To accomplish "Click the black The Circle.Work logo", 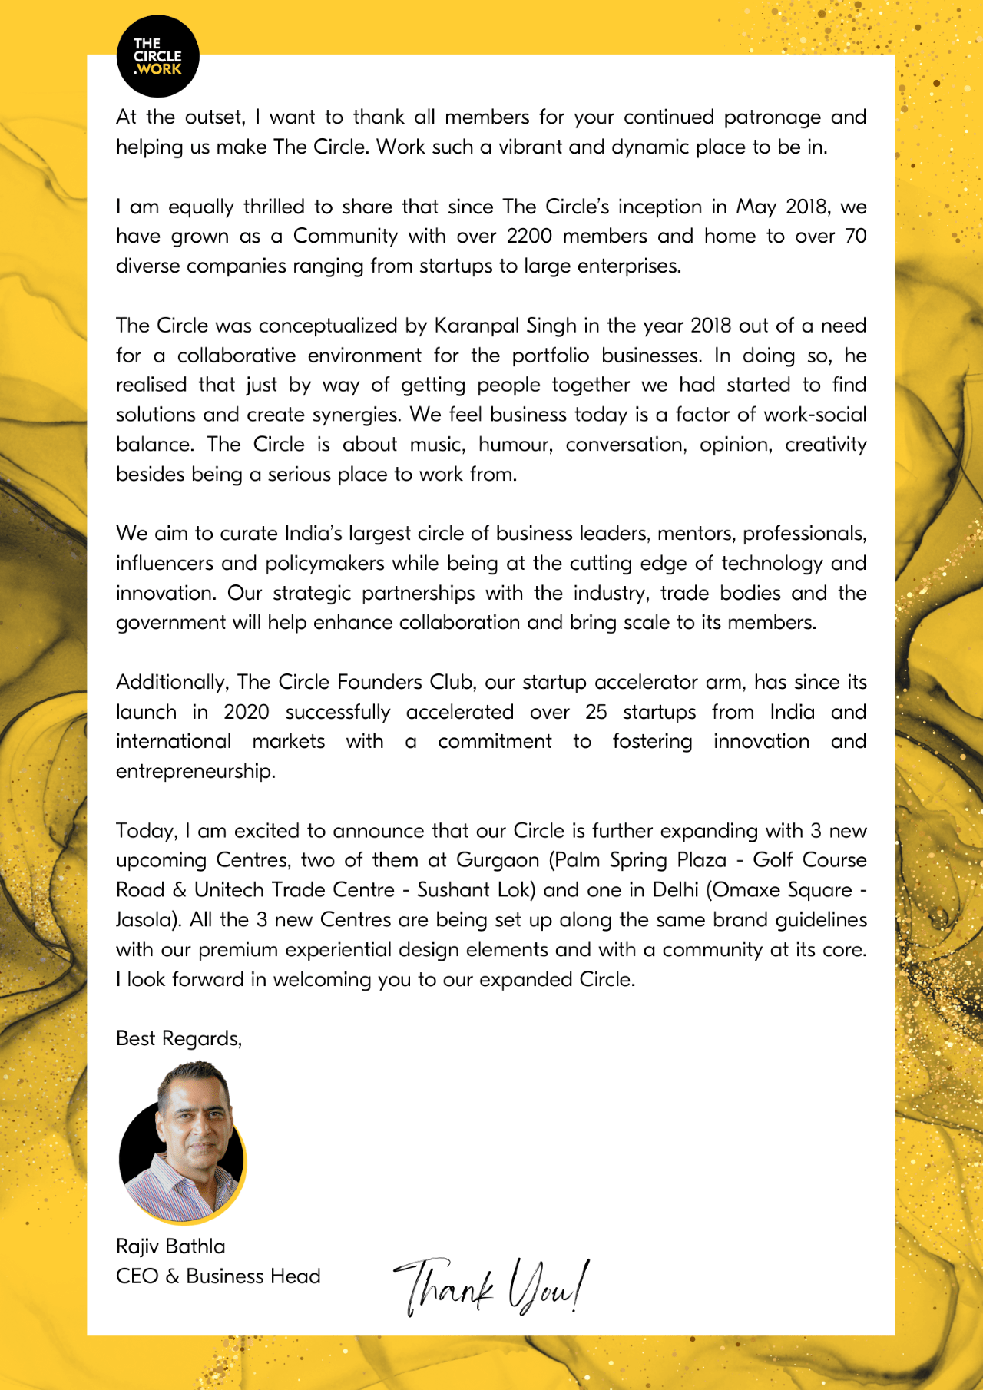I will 157,56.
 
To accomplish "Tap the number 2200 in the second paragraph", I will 528,236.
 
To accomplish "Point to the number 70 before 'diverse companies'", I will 856,236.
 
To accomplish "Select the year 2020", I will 246,712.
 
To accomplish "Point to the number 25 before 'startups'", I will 596,712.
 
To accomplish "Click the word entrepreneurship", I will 195,771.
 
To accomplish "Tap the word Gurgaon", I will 498,860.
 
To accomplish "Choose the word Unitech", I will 229,890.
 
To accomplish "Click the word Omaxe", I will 745,890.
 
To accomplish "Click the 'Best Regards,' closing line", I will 179,1038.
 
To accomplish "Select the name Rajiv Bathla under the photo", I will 170,1246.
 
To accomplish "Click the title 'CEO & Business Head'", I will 218,1276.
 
